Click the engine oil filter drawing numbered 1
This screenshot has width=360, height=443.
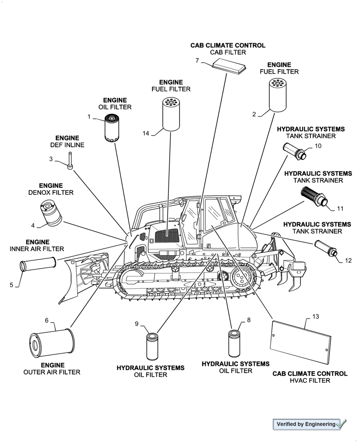pos(110,128)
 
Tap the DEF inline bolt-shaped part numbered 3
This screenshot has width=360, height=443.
pos(70,160)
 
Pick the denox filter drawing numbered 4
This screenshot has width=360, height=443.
pos(50,213)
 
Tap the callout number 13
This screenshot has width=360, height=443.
pos(315,317)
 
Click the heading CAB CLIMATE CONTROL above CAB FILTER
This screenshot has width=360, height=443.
pos(228,45)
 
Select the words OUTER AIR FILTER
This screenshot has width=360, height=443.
pos(52,372)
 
